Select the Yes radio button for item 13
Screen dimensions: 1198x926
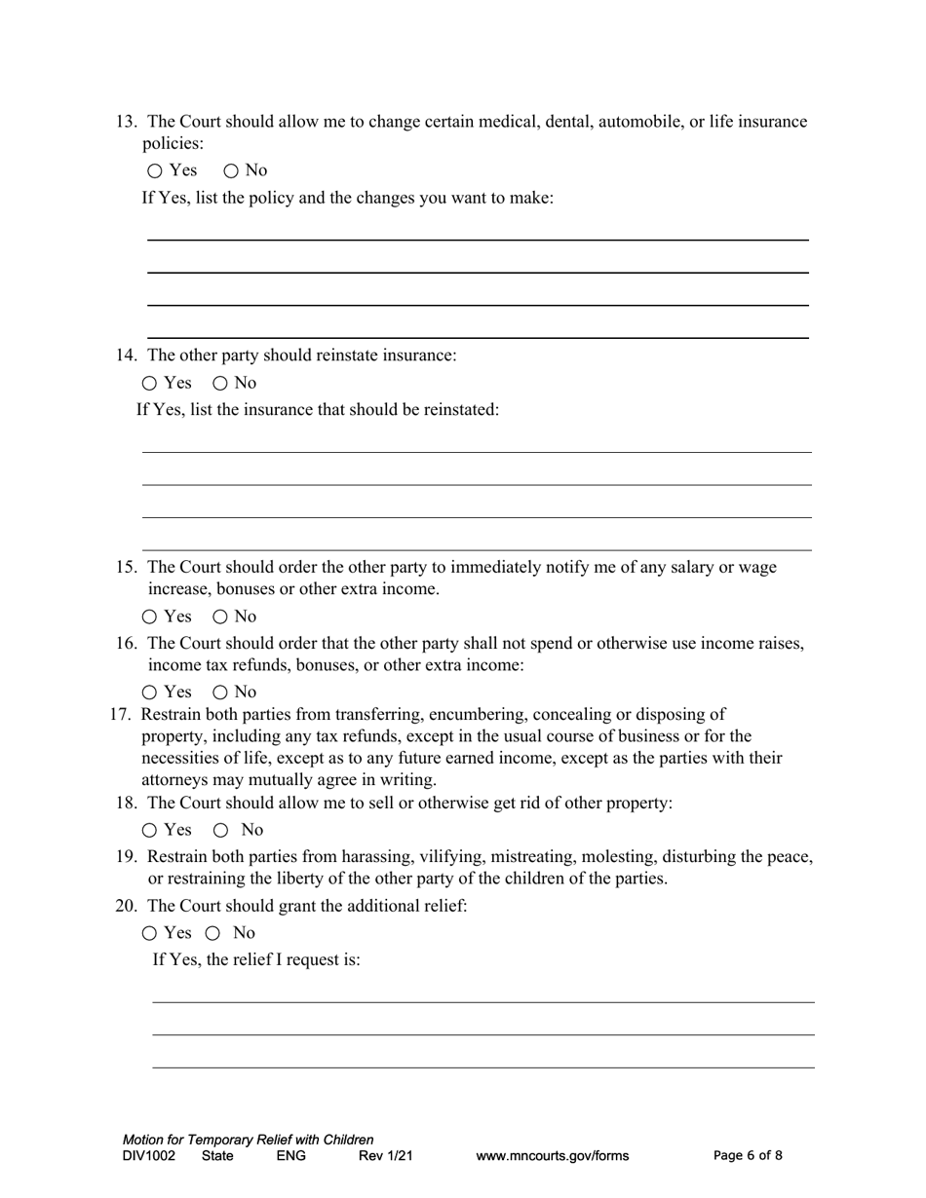point(156,171)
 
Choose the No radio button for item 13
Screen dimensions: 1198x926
point(231,171)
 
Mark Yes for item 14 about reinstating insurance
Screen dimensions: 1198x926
point(149,384)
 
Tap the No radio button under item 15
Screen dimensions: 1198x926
point(220,617)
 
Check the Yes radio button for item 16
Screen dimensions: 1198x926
point(149,693)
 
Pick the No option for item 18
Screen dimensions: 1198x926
point(221,831)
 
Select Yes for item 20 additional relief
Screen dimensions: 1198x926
point(149,933)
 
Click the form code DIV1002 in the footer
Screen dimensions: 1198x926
point(149,1156)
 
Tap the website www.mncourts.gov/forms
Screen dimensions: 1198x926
point(552,1156)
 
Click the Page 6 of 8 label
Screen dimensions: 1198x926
point(748,1156)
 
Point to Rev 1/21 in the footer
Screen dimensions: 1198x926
point(386,1156)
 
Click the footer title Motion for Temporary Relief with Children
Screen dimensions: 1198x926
point(248,1140)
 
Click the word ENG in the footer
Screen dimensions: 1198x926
point(291,1156)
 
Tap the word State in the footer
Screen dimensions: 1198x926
point(217,1156)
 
